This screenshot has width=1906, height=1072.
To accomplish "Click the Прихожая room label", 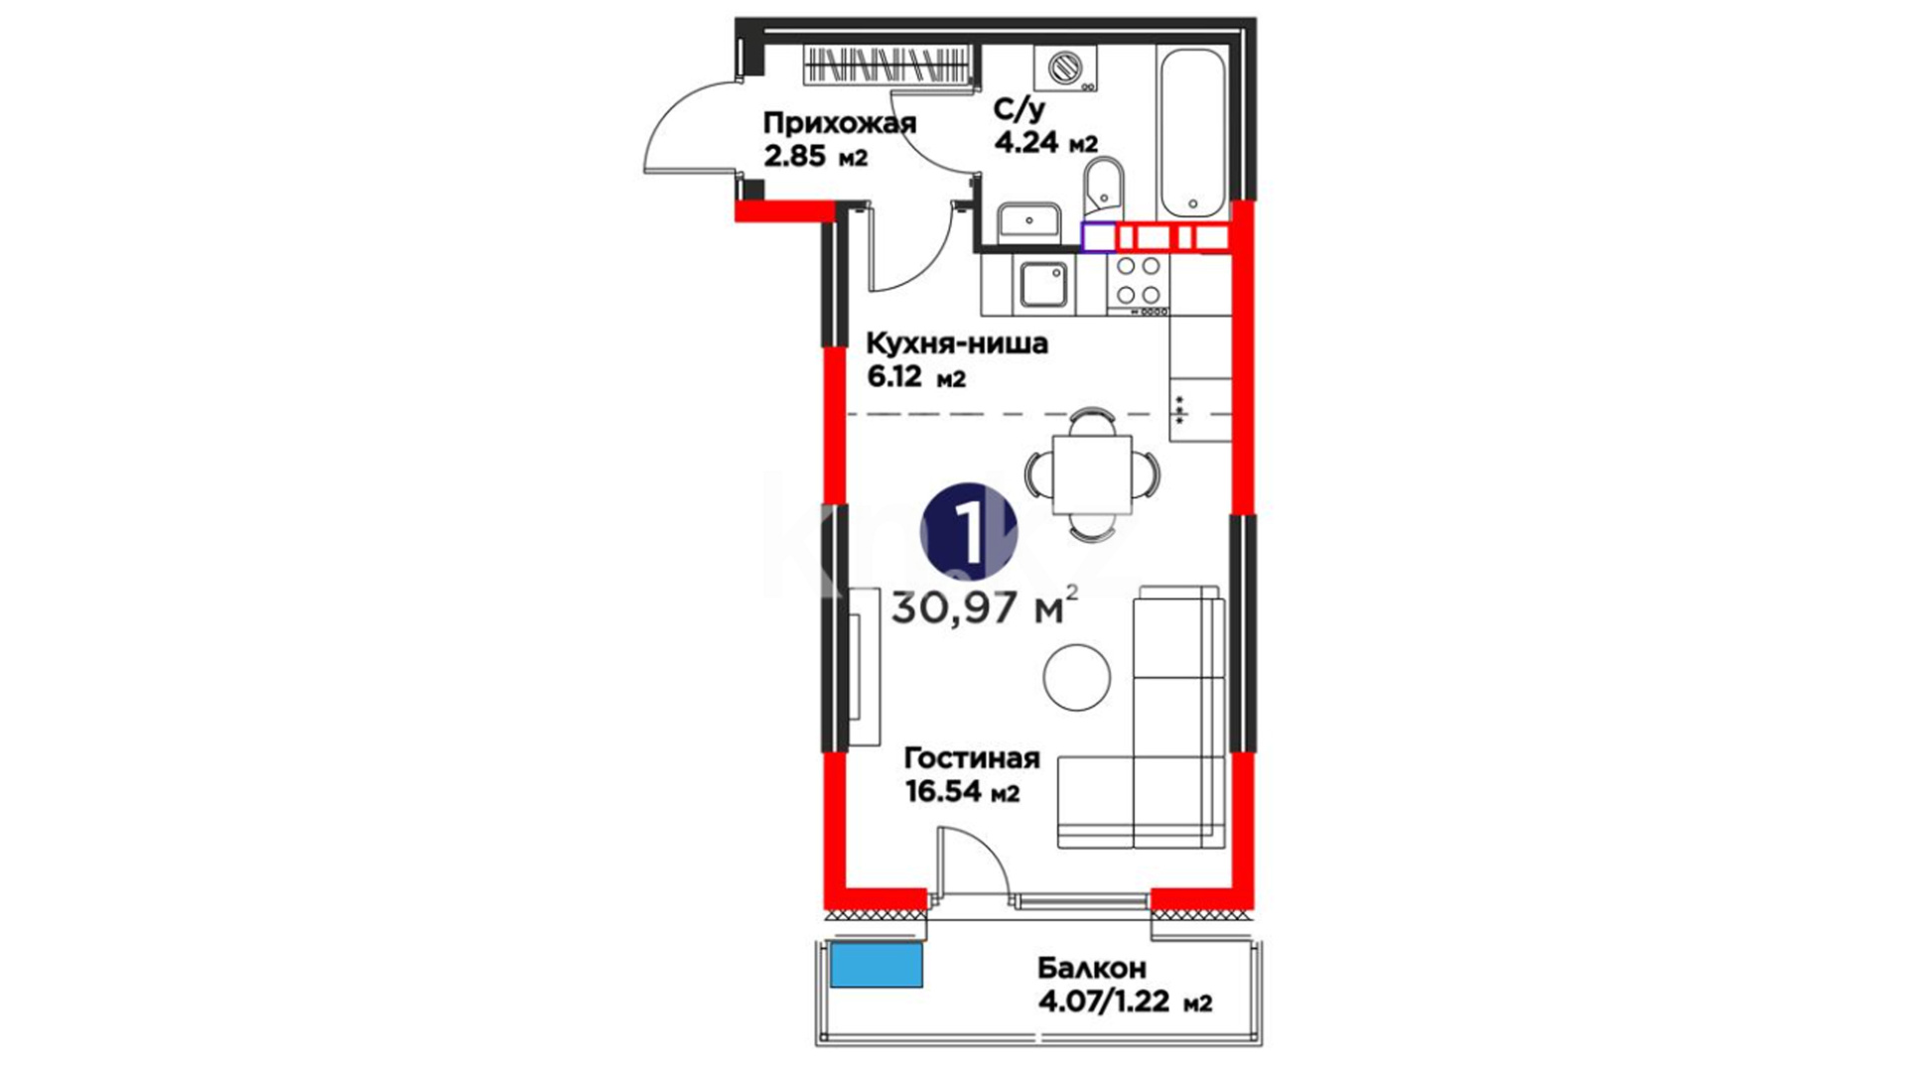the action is (839, 123).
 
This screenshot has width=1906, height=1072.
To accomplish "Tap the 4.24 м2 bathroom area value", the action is (1046, 142).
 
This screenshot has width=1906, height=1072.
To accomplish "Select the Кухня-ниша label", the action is (957, 343).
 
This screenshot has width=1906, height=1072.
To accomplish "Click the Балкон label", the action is (1092, 968).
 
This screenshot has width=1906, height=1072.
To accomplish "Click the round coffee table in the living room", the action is (1077, 676).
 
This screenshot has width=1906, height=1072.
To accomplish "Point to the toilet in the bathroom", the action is (1103, 188).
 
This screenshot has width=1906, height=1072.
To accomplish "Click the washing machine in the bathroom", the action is (1066, 67).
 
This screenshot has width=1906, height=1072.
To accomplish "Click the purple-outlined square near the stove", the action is (1098, 237).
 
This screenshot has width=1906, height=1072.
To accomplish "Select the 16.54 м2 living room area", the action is (963, 791).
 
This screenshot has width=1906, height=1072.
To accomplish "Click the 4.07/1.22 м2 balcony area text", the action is (1125, 1003).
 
